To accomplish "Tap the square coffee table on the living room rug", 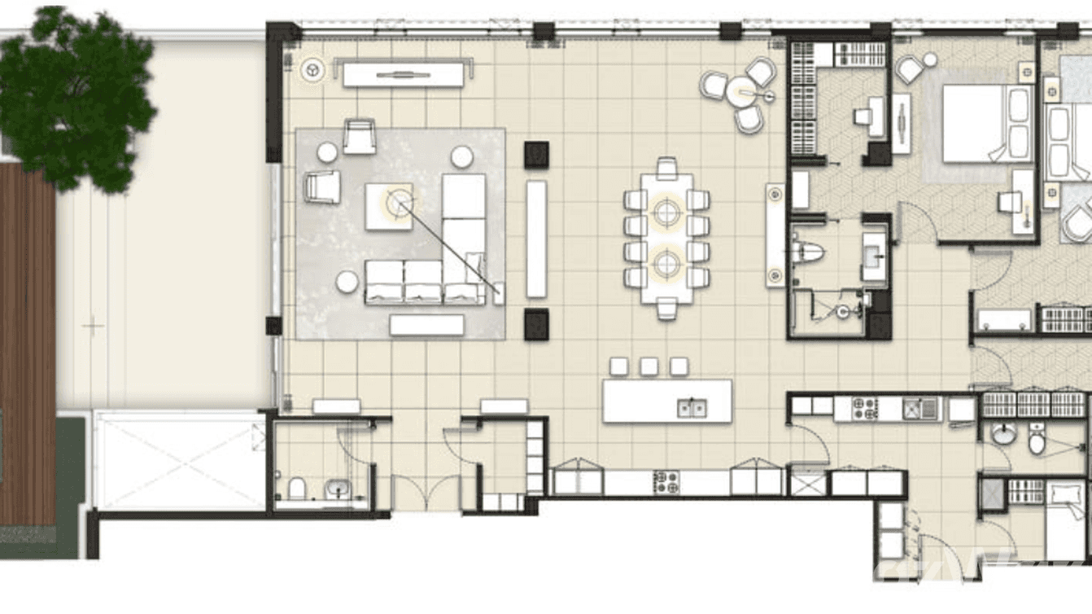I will (x=389, y=206).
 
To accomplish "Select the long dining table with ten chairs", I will (x=666, y=237).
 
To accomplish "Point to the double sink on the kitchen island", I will (x=692, y=407).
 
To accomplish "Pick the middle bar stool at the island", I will (x=649, y=366).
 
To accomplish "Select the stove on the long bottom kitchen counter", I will (x=666, y=482).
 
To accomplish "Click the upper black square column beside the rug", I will (x=536, y=154).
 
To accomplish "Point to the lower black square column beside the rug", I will (x=536, y=323).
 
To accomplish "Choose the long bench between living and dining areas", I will (x=536, y=239).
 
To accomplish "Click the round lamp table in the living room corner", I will (x=312, y=71).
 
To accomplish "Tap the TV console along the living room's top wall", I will (x=403, y=75).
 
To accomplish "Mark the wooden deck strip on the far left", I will (x=27, y=342).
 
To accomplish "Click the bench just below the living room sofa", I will (x=426, y=325).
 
